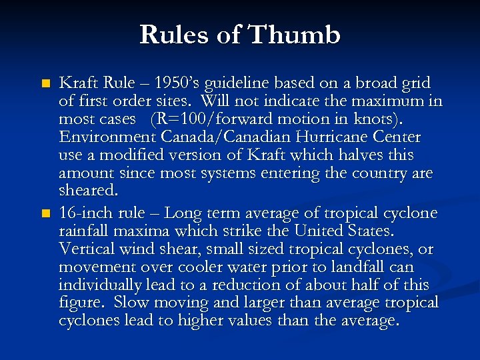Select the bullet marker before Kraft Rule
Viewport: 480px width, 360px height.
[x=45, y=84]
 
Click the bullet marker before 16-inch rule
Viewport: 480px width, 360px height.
[x=45, y=213]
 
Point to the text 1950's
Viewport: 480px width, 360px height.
[x=178, y=83]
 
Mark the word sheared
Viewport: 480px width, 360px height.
[x=87, y=191]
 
